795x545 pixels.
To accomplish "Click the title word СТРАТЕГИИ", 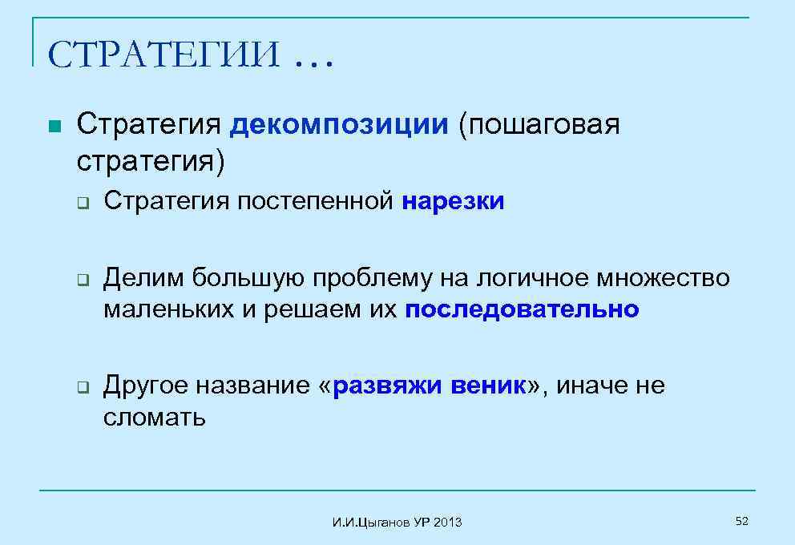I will pyautogui.click(x=163, y=55).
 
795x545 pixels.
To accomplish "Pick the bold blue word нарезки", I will pyautogui.click(x=454, y=201).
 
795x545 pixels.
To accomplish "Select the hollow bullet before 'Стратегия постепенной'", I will pyautogui.click(x=82, y=203).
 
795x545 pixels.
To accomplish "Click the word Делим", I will pyautogui.click(x=143, y=278).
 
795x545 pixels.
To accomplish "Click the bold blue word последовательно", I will pyautogui.click(x=523, y=309).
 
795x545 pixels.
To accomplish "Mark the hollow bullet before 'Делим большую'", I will pyautogui.click(x=82, y=280).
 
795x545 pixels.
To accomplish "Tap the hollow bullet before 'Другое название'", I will pyautogui.click(x=82, y=388).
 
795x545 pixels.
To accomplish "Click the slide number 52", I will pyautogui.click(x=741, y=522).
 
